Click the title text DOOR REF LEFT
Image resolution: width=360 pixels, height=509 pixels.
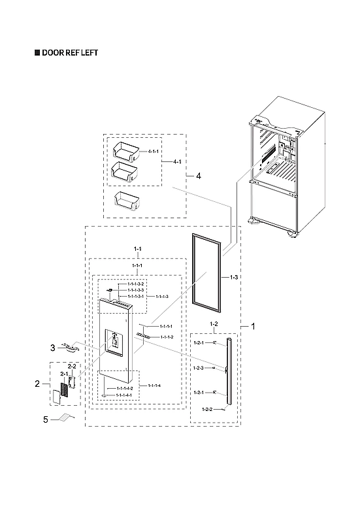(x=69, y=53)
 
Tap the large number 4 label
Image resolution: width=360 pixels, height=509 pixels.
(x=198, y=176)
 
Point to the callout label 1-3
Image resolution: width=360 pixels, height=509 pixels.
(x=233, y=278)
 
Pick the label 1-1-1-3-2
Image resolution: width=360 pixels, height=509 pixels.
(x=135, y=285)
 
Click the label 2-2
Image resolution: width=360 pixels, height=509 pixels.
(x=72, y=367)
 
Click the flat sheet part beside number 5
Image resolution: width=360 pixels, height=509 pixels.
(x=65, y=418)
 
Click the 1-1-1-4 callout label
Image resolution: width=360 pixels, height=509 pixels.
(x=155, y=386)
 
